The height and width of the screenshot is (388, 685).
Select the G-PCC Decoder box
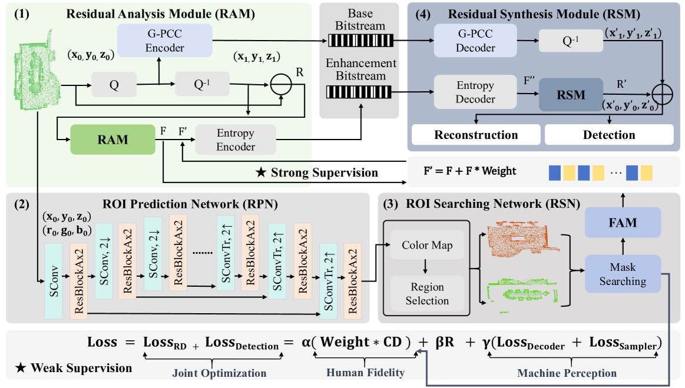(475, 41)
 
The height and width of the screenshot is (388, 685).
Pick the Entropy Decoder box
(475, 92)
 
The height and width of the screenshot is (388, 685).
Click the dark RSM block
(571, 94)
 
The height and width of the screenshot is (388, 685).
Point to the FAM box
(622, 223)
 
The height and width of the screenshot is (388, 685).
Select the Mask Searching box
(622, 274)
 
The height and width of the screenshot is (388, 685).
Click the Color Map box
(427, 245)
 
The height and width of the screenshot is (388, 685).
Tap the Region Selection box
(427, 294)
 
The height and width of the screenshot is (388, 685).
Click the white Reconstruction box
(476, 135)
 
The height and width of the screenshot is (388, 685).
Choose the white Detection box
(609, 135)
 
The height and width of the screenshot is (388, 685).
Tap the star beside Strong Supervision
(260, 173)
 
